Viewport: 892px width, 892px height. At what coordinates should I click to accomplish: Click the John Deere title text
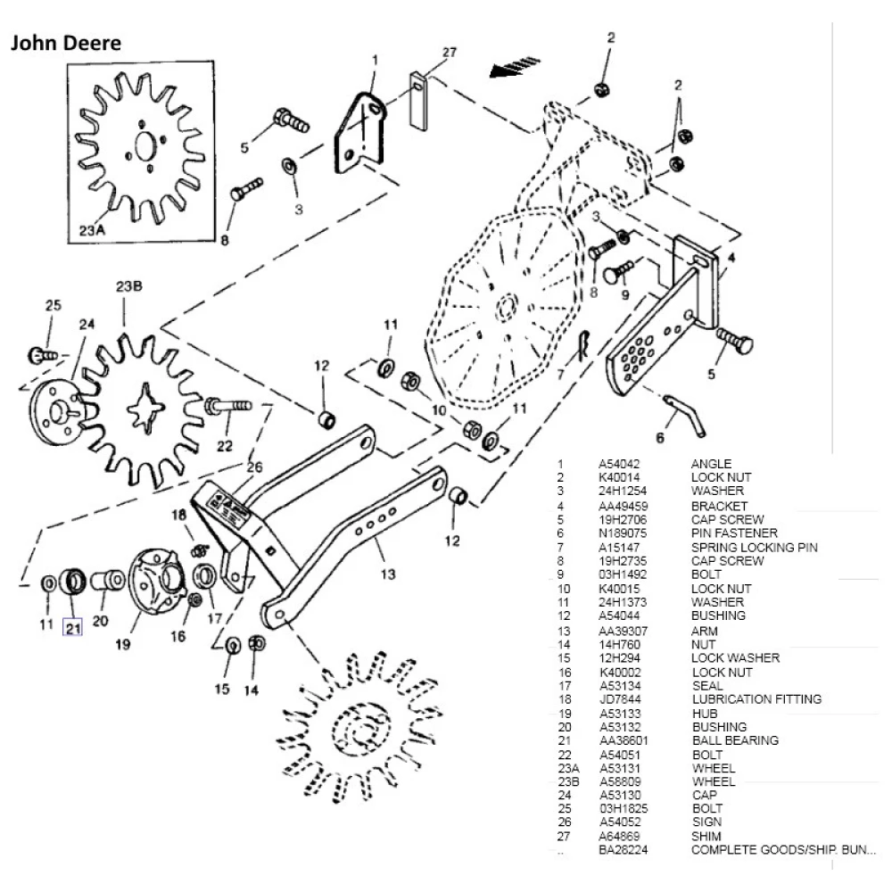coord(65,43)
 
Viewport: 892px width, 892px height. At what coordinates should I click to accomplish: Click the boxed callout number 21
coord(72,628)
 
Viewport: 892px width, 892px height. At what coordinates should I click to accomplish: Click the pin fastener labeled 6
coord(686,415)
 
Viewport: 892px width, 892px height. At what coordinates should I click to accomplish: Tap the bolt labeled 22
coord(229,407)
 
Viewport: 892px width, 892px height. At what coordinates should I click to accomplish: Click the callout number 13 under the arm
coord(387,574)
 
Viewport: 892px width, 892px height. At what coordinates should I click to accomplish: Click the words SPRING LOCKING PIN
coord(754,547)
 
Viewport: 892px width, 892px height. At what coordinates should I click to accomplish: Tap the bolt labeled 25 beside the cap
coord(43,355)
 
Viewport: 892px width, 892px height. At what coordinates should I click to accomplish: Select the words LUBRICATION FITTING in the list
coord(756,699)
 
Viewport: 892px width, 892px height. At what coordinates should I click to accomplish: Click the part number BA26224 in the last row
coord(622,851)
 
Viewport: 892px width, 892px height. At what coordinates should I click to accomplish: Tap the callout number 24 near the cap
coord(86,324)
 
